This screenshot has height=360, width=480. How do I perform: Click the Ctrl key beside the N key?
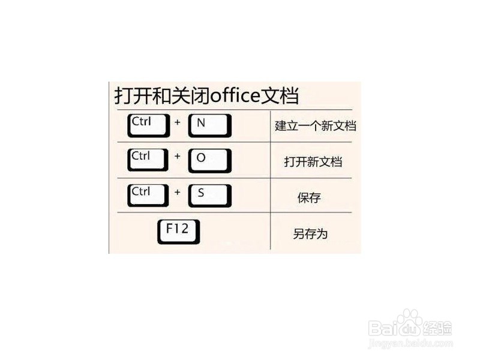pos(148,125)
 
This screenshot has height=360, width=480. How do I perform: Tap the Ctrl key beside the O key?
pos(148,159)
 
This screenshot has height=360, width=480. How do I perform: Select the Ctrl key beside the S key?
pos(148,194)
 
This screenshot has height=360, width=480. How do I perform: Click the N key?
pos(209,125)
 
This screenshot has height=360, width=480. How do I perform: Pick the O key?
pos(209,160)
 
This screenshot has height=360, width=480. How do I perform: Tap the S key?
pos(209,194)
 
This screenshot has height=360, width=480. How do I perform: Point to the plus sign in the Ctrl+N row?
pos(178,122)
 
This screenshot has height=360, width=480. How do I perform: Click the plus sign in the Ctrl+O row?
pos(178,156)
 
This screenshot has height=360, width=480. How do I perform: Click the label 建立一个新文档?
pos(315,127)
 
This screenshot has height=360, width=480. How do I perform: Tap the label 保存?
pos(310,198)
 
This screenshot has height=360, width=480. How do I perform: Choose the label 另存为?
pos(310,234)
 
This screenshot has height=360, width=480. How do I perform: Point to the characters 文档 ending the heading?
pos(281,95)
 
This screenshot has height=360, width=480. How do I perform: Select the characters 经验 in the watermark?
pos(439,328)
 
